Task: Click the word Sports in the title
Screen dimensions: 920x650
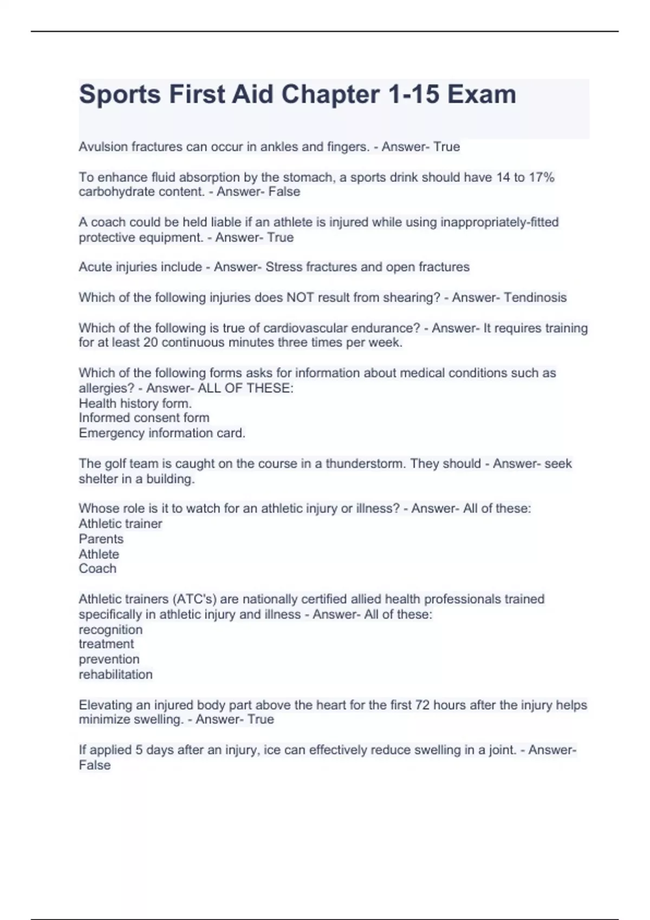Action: tap(120, 94)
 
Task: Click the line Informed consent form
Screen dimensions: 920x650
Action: tap(144, 418)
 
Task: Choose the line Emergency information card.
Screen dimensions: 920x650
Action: tap(162, 433)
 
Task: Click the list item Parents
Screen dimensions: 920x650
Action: tap(101, 539)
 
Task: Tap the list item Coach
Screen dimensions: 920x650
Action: tap(97, 569)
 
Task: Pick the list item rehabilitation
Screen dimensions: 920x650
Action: tap(115, 674)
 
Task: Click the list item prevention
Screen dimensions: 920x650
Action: tap(109, 659)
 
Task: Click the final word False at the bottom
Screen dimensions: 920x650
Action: tap(95, 765)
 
